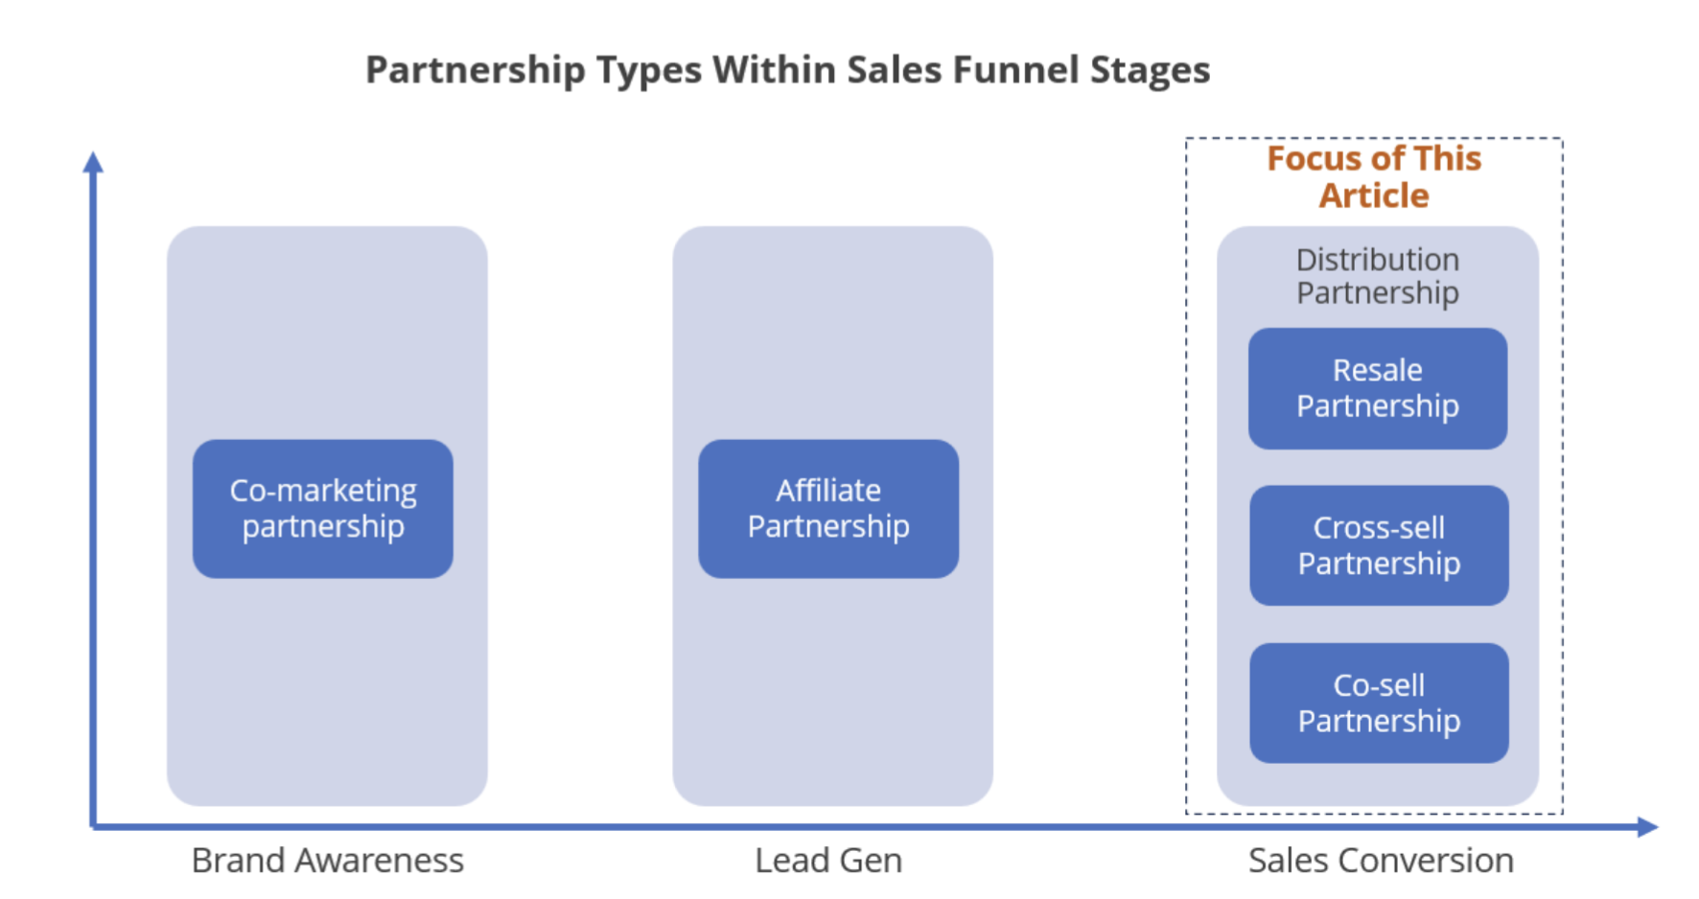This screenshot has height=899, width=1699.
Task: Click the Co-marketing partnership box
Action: coord(322,508)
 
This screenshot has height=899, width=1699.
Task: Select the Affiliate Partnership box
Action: coord(828,508)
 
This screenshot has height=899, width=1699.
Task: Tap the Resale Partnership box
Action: coord(1377,388)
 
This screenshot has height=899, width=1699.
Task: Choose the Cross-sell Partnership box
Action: coord(1379,545)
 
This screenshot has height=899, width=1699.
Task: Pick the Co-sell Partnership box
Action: coord(1379,703)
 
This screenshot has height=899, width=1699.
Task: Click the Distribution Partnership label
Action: coord(1377,276)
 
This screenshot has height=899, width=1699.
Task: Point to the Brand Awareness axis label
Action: coord(327,860)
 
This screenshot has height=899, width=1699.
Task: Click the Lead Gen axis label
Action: coord(828,860)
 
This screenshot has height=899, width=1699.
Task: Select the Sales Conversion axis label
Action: coord(1381,860)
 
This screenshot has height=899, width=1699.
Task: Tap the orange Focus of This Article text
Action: coord(1374,176)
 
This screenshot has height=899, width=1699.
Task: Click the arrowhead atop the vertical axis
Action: coord(93,162)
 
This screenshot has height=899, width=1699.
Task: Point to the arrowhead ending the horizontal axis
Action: coord(1647,826)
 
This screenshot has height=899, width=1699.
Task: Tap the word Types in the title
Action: coord(648,70)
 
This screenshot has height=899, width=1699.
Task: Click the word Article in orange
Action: coord(1374,196)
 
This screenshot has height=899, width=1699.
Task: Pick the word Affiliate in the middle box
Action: coord(828,490)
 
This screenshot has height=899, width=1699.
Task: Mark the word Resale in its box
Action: coord(1377,370)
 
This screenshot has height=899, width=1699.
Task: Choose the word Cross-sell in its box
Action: coord(1379,527)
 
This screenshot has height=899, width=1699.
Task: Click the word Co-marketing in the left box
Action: coord(322,490)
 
